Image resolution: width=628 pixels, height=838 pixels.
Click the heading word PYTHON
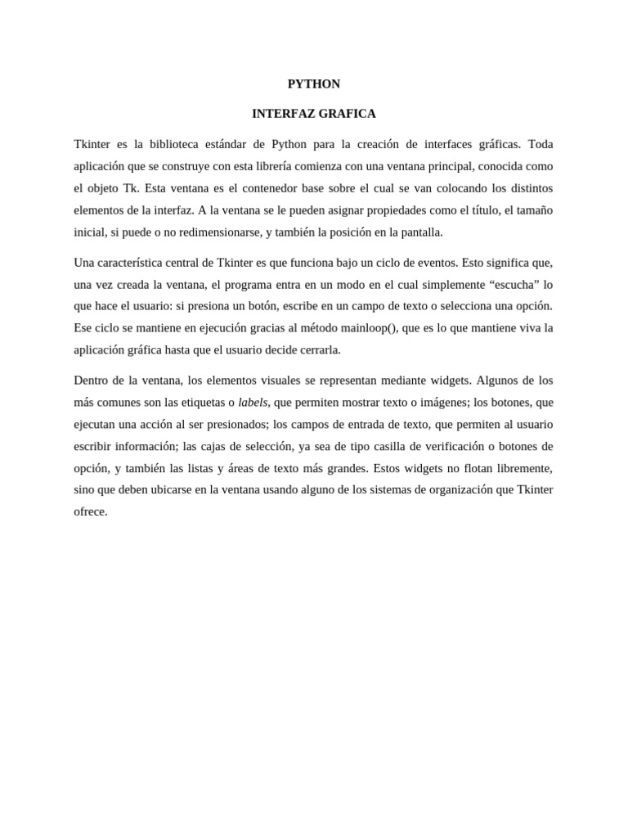point(314,83)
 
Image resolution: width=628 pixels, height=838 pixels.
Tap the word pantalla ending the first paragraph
point(419,232)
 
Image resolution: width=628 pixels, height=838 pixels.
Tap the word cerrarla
point(318,349)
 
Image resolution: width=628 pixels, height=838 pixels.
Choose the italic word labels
point(253,402)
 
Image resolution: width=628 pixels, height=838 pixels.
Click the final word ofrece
point(90,511)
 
